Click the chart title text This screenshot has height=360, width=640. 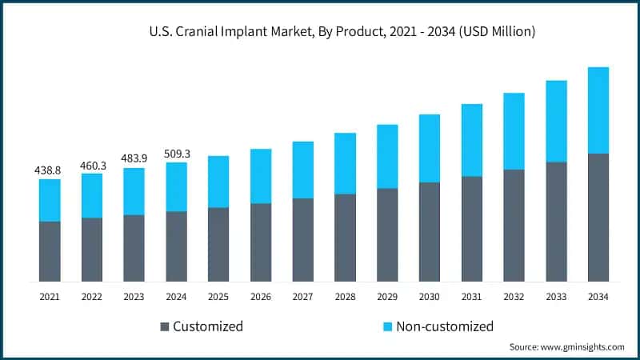342,32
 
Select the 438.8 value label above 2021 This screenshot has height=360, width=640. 49,170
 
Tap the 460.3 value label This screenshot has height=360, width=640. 91,166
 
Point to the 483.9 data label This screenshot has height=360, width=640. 134,159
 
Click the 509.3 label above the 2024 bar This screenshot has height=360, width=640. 176,154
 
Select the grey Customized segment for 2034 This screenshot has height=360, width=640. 598,217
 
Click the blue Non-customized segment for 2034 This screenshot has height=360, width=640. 598,110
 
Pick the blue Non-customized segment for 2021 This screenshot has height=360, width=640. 49,200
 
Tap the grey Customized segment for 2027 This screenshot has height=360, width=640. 302,239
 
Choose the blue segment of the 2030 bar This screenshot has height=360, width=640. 430,148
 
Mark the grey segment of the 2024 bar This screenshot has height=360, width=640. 176,246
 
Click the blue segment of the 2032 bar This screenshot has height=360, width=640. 514,131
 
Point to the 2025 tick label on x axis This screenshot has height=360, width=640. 218,297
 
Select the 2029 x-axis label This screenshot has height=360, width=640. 387,297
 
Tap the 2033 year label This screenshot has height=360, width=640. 556,297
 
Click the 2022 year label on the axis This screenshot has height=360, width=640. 91,297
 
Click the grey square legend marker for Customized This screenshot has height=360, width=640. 165,326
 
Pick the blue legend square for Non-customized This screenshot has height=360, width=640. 387,326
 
